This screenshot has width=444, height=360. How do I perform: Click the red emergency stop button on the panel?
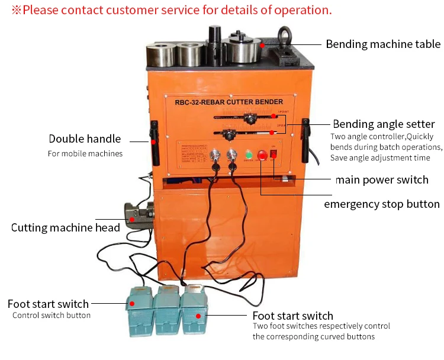pos(262,156)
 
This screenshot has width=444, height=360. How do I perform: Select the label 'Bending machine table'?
pos(383,44)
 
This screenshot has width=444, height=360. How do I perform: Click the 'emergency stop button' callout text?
pos(381,204)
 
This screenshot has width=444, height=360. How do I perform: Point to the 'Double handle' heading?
pos(85,139)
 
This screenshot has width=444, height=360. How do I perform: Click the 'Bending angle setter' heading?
pos(384,124)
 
